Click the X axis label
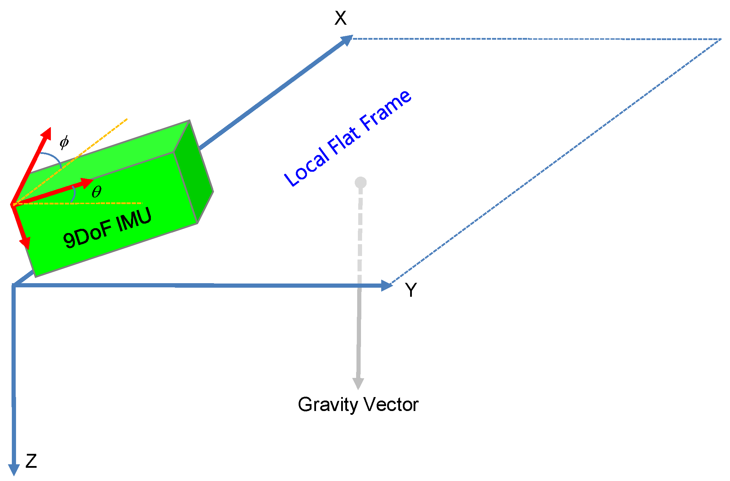pyautogui.click(x=340, y=18)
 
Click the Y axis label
pyautogui.click(x=411, y=290)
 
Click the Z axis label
pyautogui.click(x=31, y=461)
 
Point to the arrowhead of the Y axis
pyautogui.click(x=387, y=286)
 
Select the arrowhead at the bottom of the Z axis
pyautogui.click(x=14, y=470)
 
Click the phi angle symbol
pyautogui.click(x=64, y=142)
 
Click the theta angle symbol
pyautogui.click(x=97, y=192)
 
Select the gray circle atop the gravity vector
pyautogui.click(x=361, y=183)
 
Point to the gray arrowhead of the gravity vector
pyautogui.click(x=358, y=383)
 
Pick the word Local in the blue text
pyautogui.click(x=306, y=168)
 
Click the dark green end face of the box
pyautogui.click(x=194, y=171)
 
